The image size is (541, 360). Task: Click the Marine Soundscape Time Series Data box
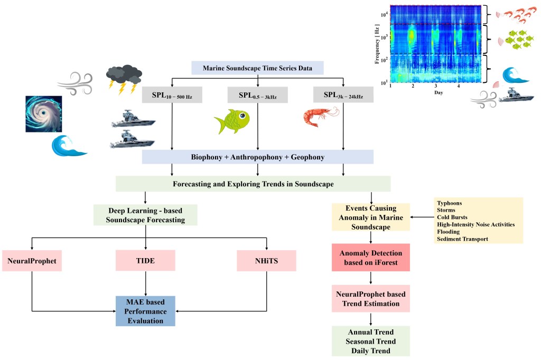click(x=257, y=68)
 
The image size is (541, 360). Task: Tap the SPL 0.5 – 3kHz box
click(x=257, y=94)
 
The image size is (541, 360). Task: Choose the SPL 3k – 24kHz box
click(x=343, y=94)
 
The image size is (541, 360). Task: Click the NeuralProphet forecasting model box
click(x=32, y=261)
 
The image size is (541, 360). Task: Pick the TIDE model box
click(x=145, y=261)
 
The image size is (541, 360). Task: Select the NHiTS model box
click(x=266, y=261)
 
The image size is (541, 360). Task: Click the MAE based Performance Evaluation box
click(x=145, y=311)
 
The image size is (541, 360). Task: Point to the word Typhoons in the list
click(x=450, y=203)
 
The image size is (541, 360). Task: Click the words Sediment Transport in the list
click(x=463, y=239)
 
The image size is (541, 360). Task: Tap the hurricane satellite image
click(x=43, y=113)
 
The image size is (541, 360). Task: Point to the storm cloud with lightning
click(x=123, y=78)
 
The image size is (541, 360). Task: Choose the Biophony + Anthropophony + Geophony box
click(x=257, y=157)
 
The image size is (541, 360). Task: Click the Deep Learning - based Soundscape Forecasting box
click(x=145, y=215)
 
